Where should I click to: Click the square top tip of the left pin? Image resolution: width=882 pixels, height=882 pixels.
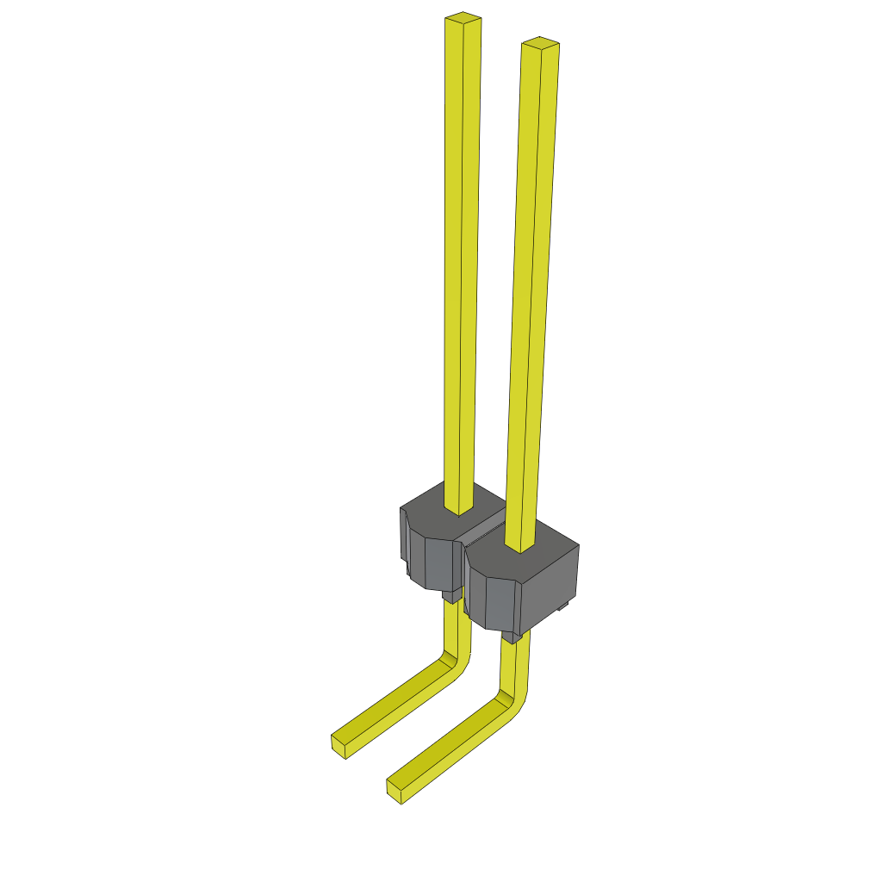pos(463,16)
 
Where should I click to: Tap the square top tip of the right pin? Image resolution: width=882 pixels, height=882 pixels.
pos(540,42)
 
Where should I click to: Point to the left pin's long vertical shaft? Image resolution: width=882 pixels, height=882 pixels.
pos(460,258)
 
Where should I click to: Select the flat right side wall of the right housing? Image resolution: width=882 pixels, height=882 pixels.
pos(550,589)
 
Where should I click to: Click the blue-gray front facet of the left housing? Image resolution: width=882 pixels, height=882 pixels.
pos(439,563)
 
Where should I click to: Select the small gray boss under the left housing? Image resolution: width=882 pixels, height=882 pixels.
pos(450,595)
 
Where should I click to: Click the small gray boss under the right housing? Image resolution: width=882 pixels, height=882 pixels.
pos(512,637)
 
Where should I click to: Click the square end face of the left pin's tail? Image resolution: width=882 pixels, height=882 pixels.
pos(339,747)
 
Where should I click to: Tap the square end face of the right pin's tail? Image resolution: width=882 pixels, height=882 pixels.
pos(395,792)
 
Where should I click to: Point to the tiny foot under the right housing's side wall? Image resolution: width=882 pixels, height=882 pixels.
pos(564,608)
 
